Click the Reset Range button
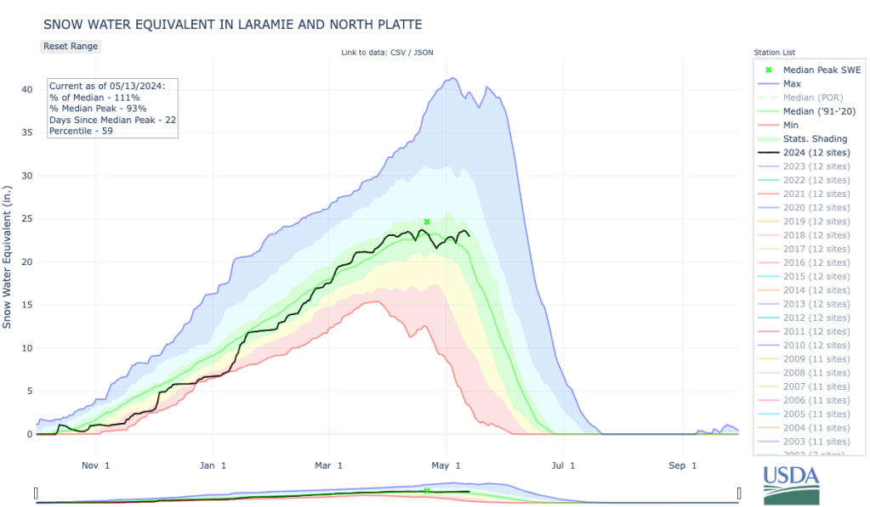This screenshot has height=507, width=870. (71, 46)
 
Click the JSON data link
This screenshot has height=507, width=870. (423, 53)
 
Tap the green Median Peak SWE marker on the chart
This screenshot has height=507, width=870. (427, 222)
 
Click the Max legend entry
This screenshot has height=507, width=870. (792, 84)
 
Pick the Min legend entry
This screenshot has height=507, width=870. (791, 125)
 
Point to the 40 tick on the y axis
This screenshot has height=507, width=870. (27, 89)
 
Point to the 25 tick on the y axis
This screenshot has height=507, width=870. (27, 218)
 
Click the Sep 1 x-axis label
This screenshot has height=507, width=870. (682, 465)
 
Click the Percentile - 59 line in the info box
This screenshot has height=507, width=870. (82, 130)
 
